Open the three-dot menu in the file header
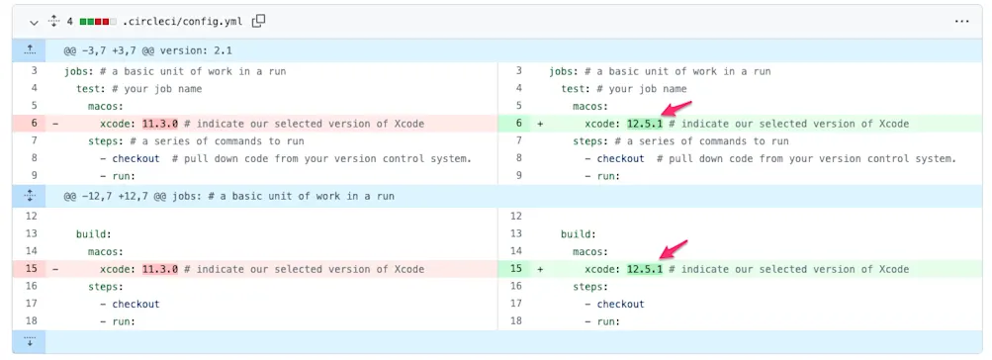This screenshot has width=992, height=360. [x=962, y=20]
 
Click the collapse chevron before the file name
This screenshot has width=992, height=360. [x=33, y=20]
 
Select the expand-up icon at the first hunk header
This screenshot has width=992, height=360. [x=30, y=50]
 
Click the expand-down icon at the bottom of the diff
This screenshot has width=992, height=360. [x=30, y=341]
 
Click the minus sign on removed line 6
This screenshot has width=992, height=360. [x=55, y=124]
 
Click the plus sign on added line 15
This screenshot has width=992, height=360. [x=540, y=269]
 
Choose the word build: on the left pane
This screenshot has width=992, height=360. [x=95, y=233]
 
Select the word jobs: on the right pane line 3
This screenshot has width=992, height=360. [x=565, y=70]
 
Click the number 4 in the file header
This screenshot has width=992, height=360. [x=70, y=20]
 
